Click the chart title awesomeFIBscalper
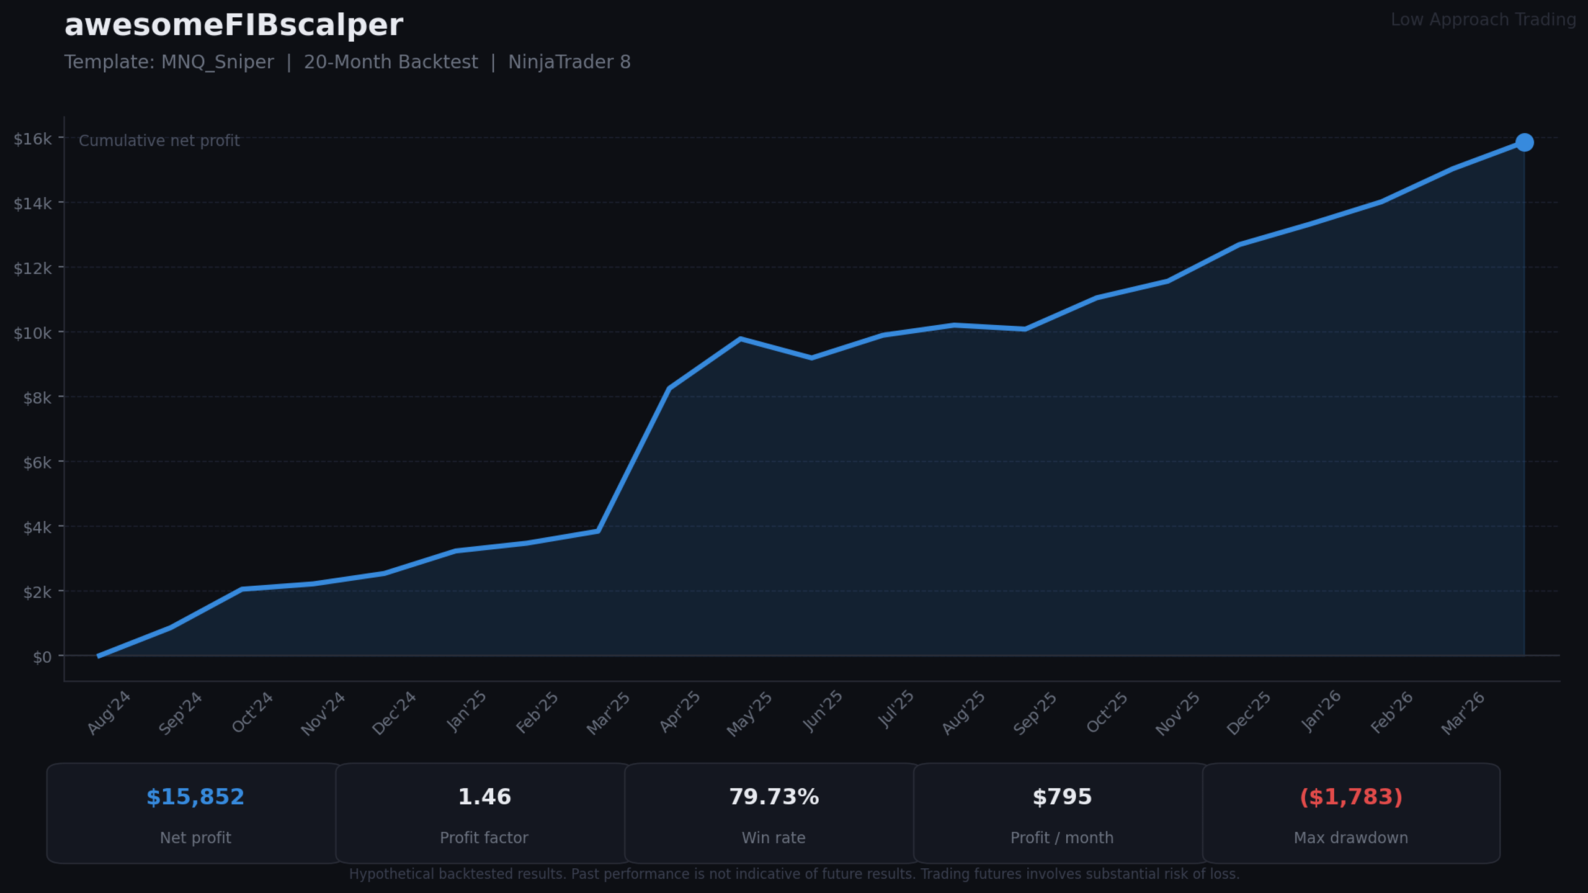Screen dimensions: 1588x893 pos(234,26)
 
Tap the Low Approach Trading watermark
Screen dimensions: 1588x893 pos(1483,20)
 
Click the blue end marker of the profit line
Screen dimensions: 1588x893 pos(1524,143)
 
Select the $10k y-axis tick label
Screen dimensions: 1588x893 pos(33,333)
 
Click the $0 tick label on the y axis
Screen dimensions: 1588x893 pos(42,657)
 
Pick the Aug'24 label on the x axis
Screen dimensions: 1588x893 pos(109,713)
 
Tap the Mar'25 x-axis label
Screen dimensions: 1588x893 pos(609,713)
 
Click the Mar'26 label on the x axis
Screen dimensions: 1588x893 pos(1463,713)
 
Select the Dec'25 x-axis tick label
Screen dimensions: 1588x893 pos(1249,713)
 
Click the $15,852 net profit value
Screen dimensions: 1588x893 pos(195,797)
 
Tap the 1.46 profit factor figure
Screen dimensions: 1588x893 pos(484,797)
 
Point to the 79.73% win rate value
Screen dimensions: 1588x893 pos(774,797)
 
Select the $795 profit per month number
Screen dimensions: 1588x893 pos(1062,797)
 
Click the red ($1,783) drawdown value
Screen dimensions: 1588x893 pos(1351,797)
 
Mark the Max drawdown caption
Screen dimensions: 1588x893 pos(1351,838)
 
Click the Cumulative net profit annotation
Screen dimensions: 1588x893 pos(159,141)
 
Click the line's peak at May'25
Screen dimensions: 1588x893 pos(741,339)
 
